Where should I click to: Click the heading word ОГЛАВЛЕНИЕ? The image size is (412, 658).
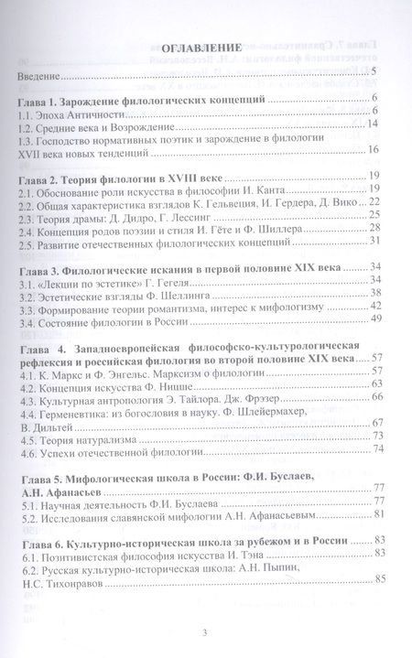(201, 48)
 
